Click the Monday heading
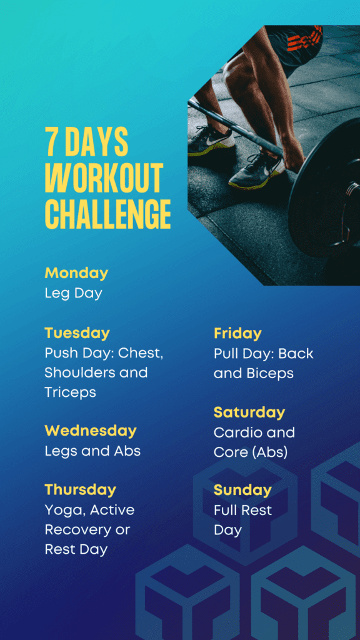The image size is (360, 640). click(76, 274)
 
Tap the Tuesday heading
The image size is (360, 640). click(77, 333)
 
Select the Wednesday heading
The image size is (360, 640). click(91, 431)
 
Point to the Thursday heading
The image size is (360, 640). click(81, 490)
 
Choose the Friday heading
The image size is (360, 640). click(237, 334)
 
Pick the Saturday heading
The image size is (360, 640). click(249, 412)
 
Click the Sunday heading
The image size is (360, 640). click(242, 490)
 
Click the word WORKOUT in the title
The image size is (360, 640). click(104, 178)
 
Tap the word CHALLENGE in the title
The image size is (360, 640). click(107, 214)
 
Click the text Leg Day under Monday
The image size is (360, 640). click(74, 294)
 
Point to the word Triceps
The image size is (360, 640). click(70, 392)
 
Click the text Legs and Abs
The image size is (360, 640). click(92, 451)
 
